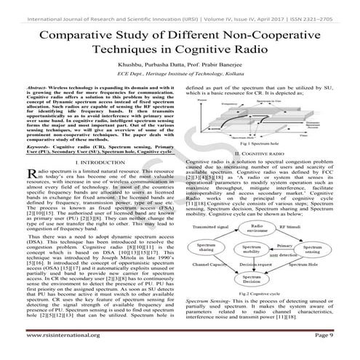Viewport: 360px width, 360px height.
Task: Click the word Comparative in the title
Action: (x=79, y=38)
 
